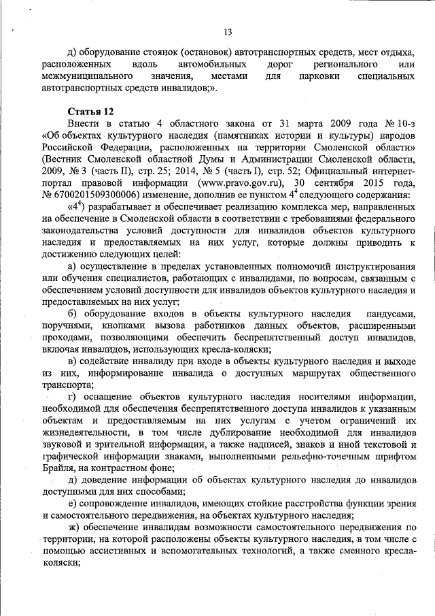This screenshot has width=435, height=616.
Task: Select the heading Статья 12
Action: (x=90, y=110)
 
